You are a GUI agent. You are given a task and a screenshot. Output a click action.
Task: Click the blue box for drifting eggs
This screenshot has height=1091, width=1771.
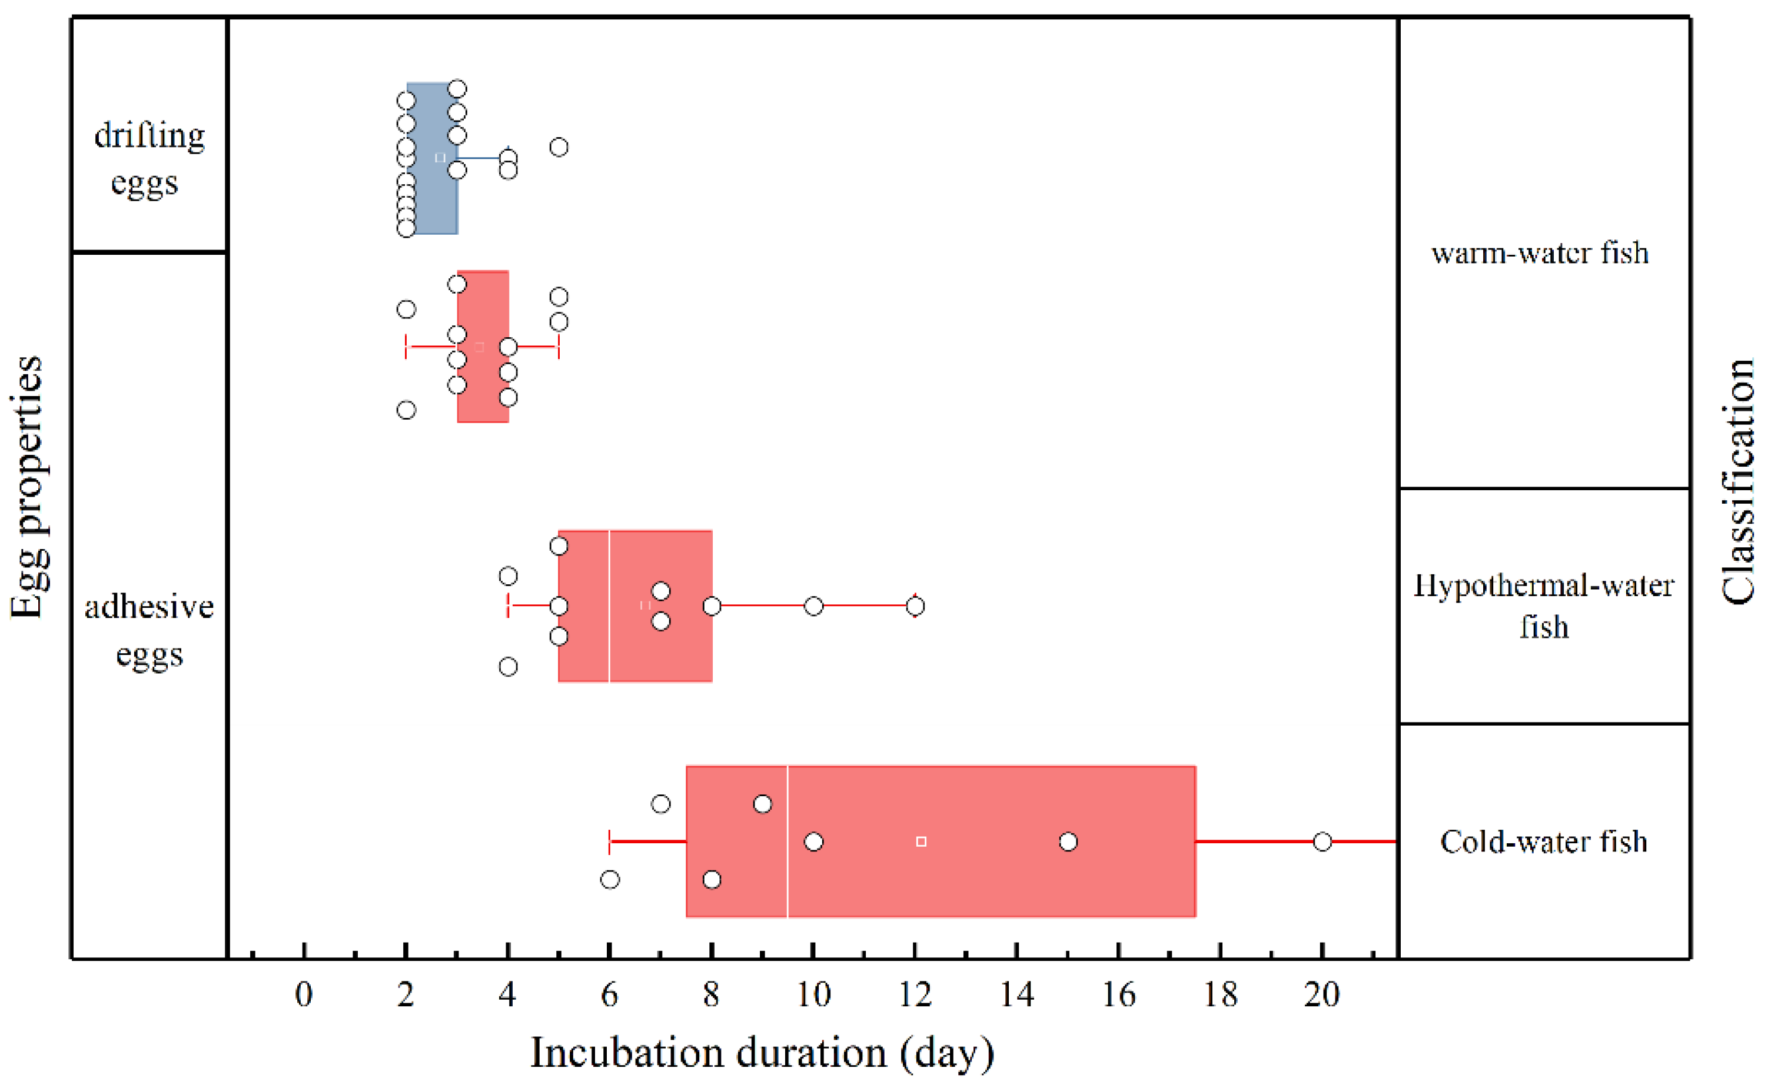[431, 195]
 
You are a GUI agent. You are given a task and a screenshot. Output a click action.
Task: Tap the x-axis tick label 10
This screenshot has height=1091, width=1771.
[813, 995]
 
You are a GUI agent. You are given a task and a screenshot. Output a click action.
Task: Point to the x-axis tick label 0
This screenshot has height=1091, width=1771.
[304, 995]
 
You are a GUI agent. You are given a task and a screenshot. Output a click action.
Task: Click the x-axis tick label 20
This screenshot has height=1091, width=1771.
[1321, 995]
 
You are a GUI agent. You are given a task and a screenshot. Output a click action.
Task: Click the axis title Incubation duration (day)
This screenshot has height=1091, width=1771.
[762, 1053]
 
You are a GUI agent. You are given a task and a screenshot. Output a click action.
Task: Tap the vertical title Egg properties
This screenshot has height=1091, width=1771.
[28, 488]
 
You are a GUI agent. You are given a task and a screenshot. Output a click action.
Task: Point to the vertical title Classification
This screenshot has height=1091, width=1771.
[1738, 482]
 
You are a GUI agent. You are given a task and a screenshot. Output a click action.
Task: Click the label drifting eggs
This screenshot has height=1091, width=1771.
[149, 159]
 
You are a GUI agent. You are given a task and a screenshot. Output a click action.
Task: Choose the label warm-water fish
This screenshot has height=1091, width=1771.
[1540, 253]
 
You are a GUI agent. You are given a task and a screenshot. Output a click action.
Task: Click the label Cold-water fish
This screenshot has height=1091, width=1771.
[1543, 842]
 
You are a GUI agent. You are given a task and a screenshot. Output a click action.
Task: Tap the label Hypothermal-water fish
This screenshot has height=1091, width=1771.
[1543, 606]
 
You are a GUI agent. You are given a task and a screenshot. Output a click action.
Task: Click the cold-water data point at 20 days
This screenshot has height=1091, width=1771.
[1321, 841]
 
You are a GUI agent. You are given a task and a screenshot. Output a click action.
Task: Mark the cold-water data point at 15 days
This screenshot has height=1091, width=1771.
[1068, 841]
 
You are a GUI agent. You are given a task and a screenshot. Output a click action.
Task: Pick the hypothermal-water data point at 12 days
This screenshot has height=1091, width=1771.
[915, 606]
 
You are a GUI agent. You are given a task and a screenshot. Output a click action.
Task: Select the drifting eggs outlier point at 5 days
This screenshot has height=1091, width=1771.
[559, 147]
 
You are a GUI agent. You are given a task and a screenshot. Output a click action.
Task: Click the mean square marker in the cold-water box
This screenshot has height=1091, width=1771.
[921, 841]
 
